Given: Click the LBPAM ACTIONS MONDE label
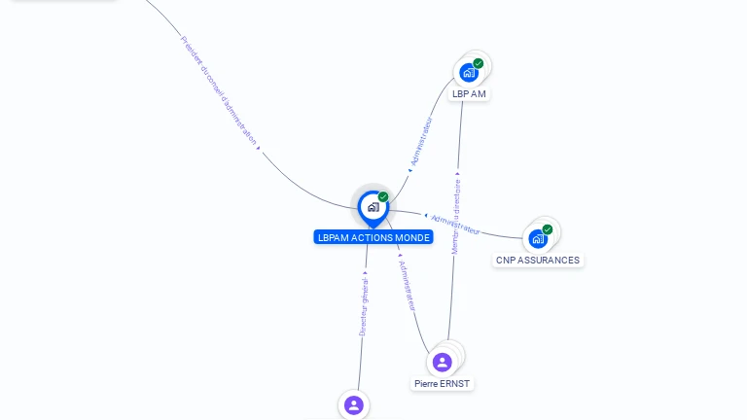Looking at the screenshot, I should point(373,237).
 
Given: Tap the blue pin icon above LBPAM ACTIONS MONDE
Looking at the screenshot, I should point(373,207).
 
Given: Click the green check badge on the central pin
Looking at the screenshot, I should point(383,197).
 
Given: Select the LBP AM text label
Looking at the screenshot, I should point(469,94).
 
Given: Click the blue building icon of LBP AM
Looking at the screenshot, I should point(469,73).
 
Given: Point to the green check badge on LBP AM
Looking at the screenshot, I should point(479,63).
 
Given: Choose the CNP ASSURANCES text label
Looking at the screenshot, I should point(538,261).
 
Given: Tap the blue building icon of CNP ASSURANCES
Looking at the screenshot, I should point(538,239).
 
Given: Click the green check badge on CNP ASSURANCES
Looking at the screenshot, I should point(548,229).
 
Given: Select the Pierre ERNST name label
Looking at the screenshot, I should point(442,384).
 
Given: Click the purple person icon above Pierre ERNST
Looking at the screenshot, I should point(443,363).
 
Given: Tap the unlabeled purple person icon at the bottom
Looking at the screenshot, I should point(353,404).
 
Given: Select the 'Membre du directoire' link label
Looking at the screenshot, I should point(456,216).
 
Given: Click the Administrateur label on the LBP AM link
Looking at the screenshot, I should point(421,143).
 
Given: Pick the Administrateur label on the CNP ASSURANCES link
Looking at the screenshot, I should point(455,225).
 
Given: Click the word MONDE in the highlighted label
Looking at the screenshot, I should point(410,237).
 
